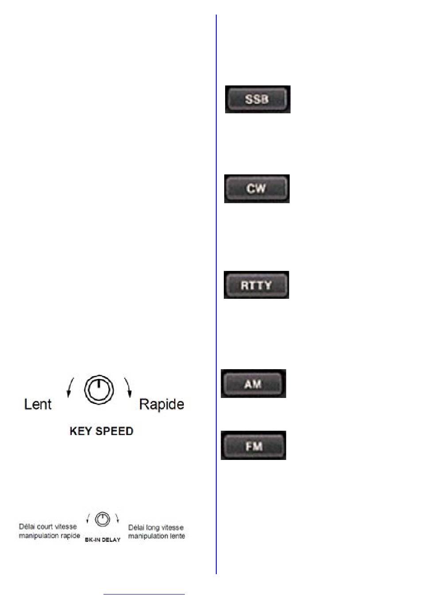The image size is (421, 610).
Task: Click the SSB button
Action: pyautogui.click(x=257, y=99)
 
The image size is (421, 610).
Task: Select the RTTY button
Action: pyautogui.click(x=256, y=285)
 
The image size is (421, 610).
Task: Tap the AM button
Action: pyautogui.click(x=253, y=384)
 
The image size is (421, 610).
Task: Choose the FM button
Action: pyautogui.click(x=253, y=446)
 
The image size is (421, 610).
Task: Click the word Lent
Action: pyautogui.click(x=38, y=404)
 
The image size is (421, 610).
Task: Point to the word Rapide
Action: pyautogui.click(x=161, y=404)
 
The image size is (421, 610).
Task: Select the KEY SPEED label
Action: pyautogui.click(x=101, y=431)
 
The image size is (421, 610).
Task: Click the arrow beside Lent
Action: pyautogui.click(x=70, y=387)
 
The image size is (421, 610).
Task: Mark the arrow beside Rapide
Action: pyautogui.click(x=128, y=387)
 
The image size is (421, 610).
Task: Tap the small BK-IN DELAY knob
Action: pyautogui.click(x=102, y=519)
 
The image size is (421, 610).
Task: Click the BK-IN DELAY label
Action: pyautogui.click(x=102, y=540)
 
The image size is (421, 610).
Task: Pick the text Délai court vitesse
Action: pyautogui.click(x=48, y=527)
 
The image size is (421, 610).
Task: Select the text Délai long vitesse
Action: pyautogui.click(x=156, y=528)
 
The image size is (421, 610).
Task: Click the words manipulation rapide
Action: pyautogui.click(x=49, y=536)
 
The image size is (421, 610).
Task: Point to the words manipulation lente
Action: pyautogui.click(x=156, y=536)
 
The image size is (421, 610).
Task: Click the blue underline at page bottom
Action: pyautogui.click(x=144, y=594)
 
